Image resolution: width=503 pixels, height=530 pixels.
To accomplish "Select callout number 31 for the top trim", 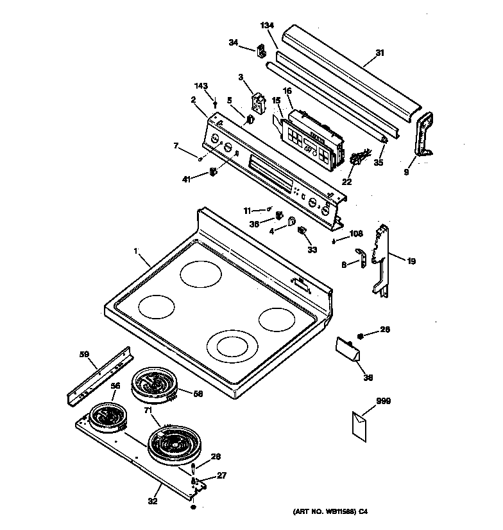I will [x=380, y=53].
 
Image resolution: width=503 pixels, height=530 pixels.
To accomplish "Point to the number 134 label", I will [x=267, y=25].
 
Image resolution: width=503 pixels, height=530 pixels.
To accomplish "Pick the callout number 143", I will [x=201, y=86].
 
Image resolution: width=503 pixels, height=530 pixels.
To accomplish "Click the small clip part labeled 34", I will [x=262, y=50].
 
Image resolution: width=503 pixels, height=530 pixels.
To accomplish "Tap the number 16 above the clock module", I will [x=287, y=92].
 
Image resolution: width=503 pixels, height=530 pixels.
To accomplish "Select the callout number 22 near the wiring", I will [x=346, y=182].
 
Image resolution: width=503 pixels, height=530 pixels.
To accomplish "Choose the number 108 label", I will [x=356, y=234].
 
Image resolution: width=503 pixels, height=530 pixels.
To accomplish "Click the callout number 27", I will [x=223, y=476].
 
